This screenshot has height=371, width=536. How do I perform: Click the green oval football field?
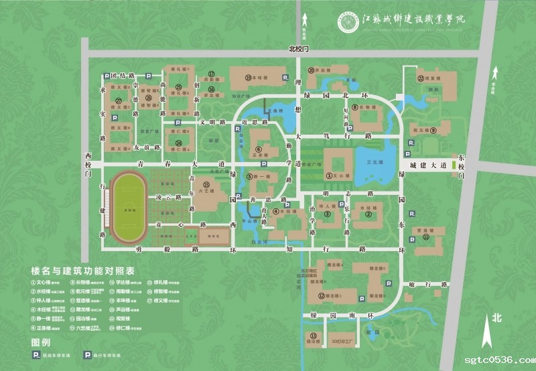point(127,208)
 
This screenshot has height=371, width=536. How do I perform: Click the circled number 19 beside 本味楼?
point(248,78)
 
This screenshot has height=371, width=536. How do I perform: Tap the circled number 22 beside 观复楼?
point(421,78)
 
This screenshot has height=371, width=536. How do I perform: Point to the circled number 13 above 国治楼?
point(312,334)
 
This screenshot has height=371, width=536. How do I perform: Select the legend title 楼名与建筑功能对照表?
point(83,271)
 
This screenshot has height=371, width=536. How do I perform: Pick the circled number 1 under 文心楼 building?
point(329,175)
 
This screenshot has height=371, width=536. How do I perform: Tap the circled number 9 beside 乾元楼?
point(433,131)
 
